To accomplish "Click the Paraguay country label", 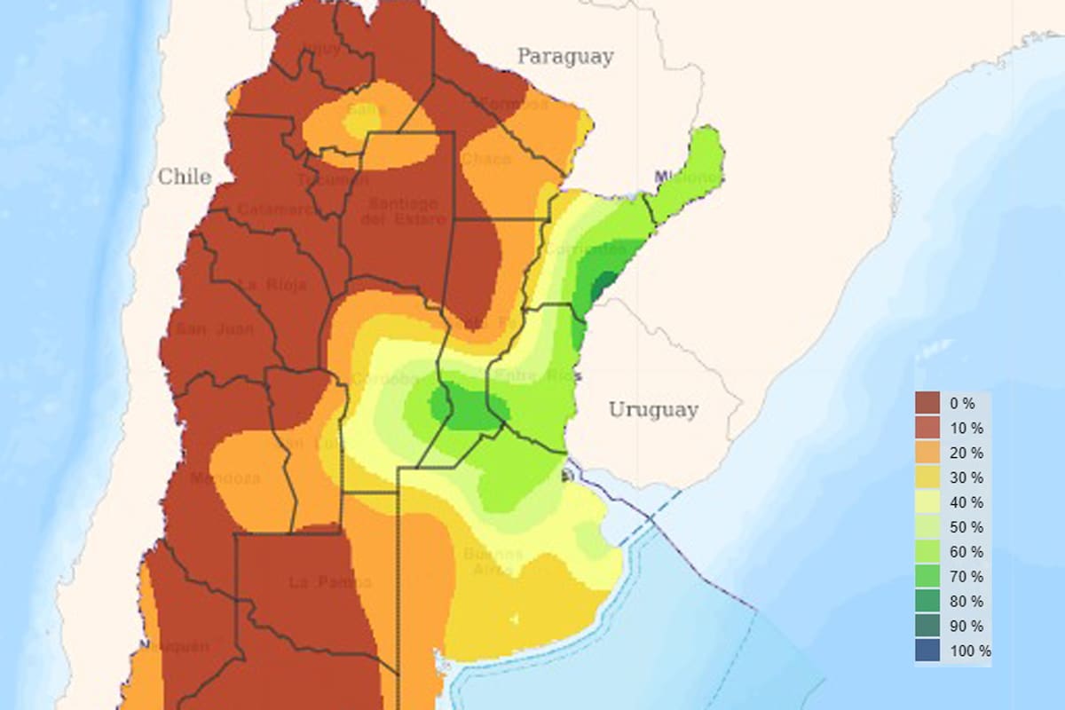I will coord(565,57).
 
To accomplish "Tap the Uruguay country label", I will coord(653,410).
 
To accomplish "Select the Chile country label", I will coord(185,177).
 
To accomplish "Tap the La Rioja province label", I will coord(273,285).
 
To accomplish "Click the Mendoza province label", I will coord(237,478).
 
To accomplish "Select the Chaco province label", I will coord(486,159).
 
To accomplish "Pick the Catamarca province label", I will coord(275,210).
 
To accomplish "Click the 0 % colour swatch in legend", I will coord(927,403).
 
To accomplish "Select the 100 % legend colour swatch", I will coord(927,651).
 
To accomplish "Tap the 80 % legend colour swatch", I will coord(927,601).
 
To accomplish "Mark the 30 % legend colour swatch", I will coord(927,477).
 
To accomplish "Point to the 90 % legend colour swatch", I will coord(927,626).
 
